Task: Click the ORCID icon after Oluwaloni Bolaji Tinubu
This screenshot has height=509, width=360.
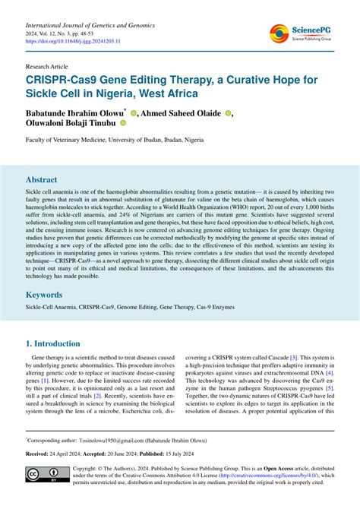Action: (x=123, y=124)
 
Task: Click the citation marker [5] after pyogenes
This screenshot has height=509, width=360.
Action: (x=330, y=387)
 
